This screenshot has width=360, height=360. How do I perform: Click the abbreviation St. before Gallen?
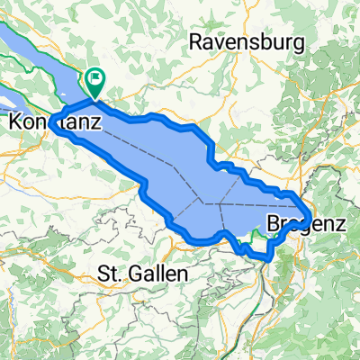point(112,272)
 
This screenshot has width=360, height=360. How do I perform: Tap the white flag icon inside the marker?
point(94,79)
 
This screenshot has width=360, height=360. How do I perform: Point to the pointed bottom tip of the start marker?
point(94,97)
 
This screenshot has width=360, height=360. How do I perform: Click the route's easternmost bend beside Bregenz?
point(310,217)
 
